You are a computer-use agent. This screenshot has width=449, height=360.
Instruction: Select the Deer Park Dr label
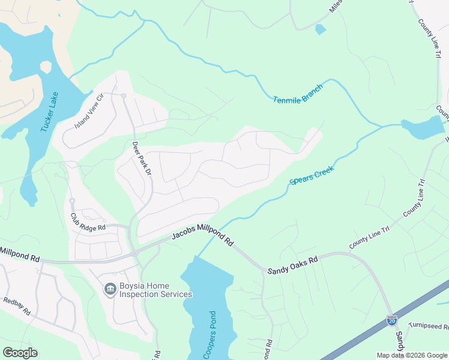pos(139,157)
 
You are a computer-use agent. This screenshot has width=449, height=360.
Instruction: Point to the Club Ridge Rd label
pos(88,223)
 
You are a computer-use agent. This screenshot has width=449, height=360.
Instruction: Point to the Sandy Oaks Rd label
pos(292,263)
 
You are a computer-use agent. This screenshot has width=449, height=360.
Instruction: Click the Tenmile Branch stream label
pos(298,93)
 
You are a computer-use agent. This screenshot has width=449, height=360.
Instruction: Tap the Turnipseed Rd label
pos(429,326)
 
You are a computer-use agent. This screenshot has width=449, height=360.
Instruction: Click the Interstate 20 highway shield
pos(392,321)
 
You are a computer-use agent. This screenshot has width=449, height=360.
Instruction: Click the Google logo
pos(20,352)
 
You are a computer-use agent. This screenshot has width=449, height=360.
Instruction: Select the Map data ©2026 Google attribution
pos(412,355)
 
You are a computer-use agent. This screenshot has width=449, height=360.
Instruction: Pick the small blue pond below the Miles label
pos(321,29)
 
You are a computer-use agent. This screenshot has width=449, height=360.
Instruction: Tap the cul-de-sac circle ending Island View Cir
pos(123,96)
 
